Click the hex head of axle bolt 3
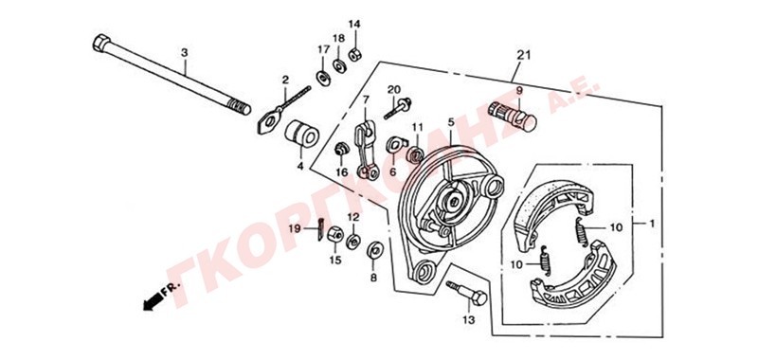click(x=101, y=43)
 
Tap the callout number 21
click(x=524, y=55)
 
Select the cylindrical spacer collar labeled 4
click(x=301, y=133)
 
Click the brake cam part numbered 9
click(x=513, y=116)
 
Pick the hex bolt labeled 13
click(x=466, y=293)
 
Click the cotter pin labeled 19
click(x=321, y=229)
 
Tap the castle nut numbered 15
click(x=335, y=235)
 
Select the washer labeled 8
click(x=373, y=250)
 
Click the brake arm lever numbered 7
click(x=367, y=151)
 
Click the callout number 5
click(x=451, y=122)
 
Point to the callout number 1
click(x=651, y=224)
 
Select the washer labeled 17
click(x=323, y=78)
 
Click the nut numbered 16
click(x=341, y=150)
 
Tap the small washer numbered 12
click(x=353, y=241)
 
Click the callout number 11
click(x=417, y=128)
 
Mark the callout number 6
click(x=392, y=172)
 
